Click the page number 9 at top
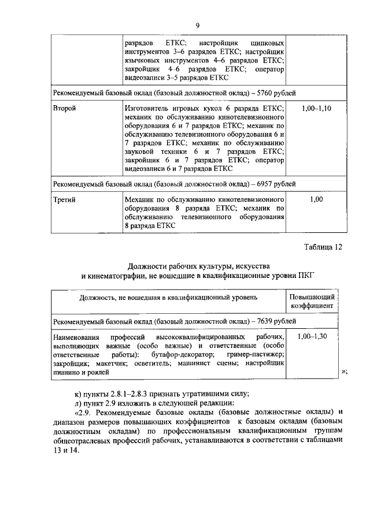pos(197,25)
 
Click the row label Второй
pos(65,108)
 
